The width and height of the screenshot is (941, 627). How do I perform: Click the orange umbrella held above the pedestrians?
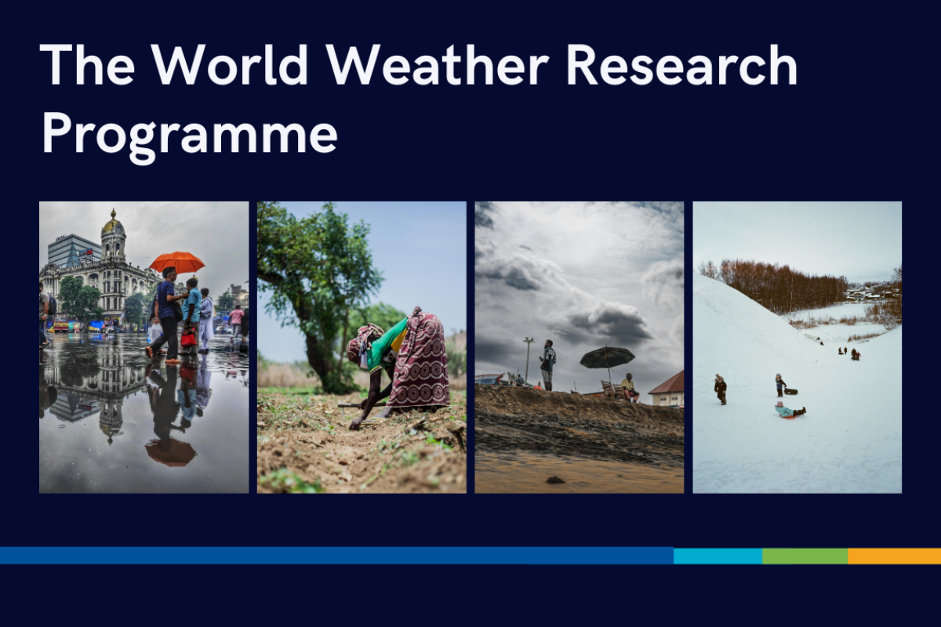click(x=177, y=262)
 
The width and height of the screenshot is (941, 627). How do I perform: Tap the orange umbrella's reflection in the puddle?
click(x=170, y=451)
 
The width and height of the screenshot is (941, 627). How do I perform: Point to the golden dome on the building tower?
click(x=113, y=225)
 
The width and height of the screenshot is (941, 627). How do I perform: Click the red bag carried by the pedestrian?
click(x=188, y=339)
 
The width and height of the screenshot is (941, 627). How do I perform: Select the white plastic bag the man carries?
click(x=155, y=332)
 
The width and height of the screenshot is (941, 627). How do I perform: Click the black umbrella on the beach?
click(x=607, y=357)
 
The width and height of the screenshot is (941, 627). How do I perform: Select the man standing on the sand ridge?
click(x=548, y=364)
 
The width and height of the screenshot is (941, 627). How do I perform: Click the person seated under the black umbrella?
click(x=627, y=386)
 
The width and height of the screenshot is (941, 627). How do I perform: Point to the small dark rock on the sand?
click(x=554, y=479)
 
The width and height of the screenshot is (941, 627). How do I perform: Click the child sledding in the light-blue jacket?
click(x=787, y=409)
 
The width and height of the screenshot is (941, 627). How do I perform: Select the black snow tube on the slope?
click(x=790, y=390)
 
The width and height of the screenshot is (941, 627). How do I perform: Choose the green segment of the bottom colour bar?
click(x=805, y=556)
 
